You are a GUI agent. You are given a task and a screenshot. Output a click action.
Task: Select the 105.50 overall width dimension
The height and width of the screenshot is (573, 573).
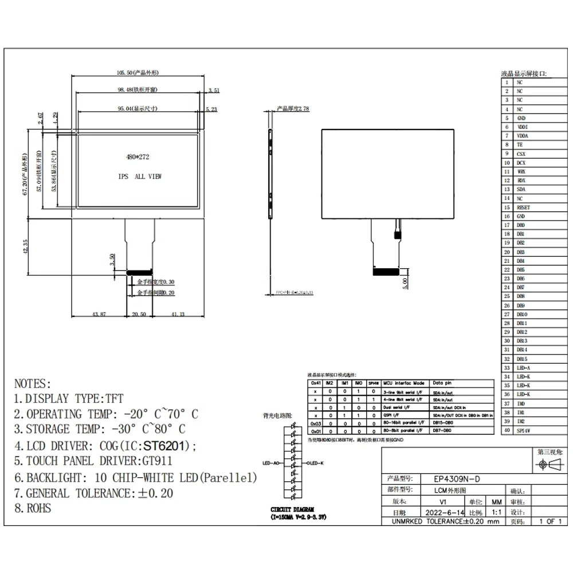[x=137, y=73]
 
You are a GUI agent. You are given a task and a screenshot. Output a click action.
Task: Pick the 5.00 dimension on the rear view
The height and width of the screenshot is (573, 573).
[x=405, y=283]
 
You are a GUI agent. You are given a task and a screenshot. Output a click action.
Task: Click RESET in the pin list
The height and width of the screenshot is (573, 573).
[x=523, y=207]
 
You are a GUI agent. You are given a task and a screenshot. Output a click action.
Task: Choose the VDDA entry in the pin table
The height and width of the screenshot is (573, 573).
[x=523, y=136]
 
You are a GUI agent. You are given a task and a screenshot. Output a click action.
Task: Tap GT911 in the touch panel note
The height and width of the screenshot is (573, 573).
[x=156, y=461]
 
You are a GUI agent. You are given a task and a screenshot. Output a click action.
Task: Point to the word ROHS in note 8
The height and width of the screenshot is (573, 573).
[x=39, y=508]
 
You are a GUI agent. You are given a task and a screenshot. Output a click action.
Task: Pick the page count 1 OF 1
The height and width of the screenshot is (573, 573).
[x=549, y=521]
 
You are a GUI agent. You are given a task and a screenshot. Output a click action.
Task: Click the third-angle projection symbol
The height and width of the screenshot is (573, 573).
[x=549, y=466]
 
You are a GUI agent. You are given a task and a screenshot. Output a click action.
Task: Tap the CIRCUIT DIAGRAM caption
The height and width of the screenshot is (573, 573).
[x=293, y=509]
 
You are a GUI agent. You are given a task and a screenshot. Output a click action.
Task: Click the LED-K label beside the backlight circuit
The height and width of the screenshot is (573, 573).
[x=317, y=462]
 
